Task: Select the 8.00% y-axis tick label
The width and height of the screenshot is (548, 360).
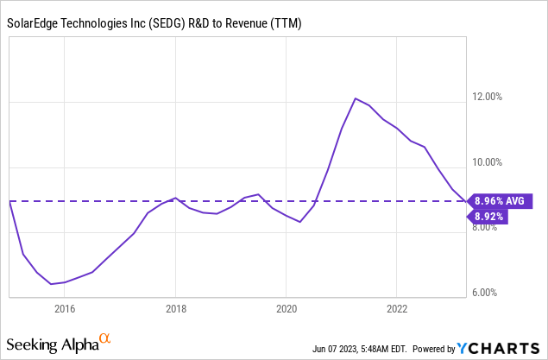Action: [x=491, y=228]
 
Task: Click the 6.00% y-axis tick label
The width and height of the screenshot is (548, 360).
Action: [x=491, y=293]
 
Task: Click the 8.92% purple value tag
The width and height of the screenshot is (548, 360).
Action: [x=488, y=218]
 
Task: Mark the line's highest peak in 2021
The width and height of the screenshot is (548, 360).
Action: [x=356, y=98]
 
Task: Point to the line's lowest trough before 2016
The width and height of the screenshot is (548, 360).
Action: [x=51, y=283]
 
